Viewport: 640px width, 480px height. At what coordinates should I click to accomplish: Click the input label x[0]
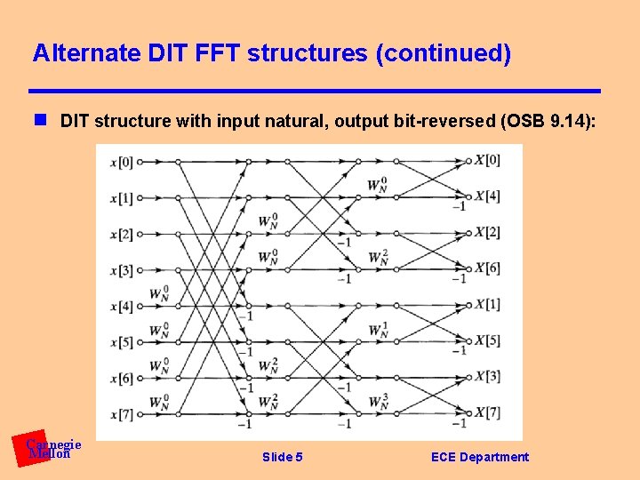coord(121,162)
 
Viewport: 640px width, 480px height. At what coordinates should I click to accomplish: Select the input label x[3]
coord(121,270)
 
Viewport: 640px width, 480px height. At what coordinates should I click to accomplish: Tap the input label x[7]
coord(121,414)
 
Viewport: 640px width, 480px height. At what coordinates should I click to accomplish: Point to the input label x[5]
coord(121,342)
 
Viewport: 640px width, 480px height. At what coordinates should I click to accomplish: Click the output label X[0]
coord(487,161)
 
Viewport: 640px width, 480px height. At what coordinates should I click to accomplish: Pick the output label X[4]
coord(487,196)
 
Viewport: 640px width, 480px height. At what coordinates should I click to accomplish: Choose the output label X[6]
coord(487,268)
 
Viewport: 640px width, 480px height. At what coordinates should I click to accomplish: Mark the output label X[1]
coord(487,304)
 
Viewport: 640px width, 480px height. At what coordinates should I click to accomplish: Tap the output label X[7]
coord(487,412)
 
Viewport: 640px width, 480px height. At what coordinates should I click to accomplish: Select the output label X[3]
coord(487,376)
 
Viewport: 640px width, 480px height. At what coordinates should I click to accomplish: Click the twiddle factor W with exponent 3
coord(379,403)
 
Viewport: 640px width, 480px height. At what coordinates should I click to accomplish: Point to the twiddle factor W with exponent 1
coord(379,331)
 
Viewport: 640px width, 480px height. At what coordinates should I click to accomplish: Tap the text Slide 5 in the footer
coord(283,457)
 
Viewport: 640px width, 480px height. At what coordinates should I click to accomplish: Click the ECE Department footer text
coord(479,457)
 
